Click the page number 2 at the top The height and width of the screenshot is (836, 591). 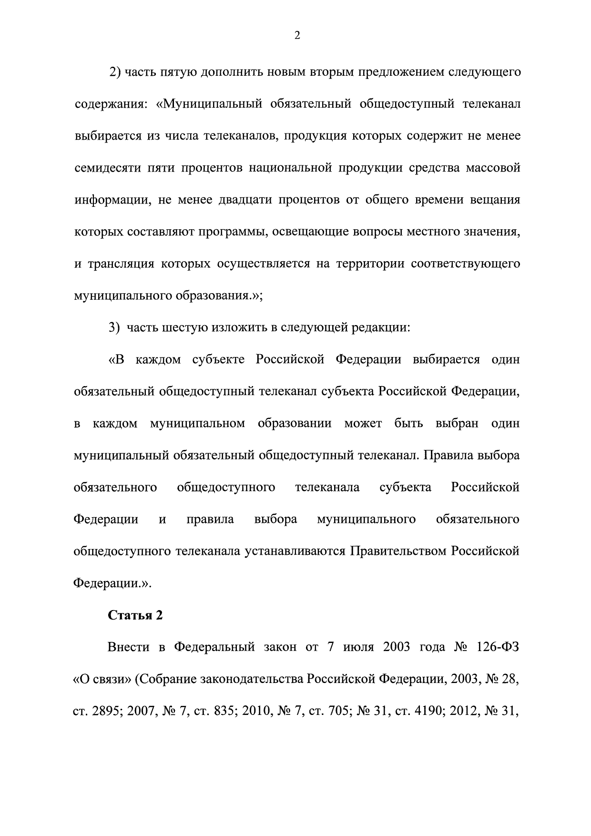coord(297,36)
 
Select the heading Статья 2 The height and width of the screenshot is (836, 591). coord(135,615)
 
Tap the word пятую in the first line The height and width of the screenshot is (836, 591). coord(178,72)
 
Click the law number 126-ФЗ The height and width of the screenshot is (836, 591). coord(497,647)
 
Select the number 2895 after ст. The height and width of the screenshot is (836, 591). coord(104,711)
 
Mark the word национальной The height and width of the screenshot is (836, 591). coord(290,168)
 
